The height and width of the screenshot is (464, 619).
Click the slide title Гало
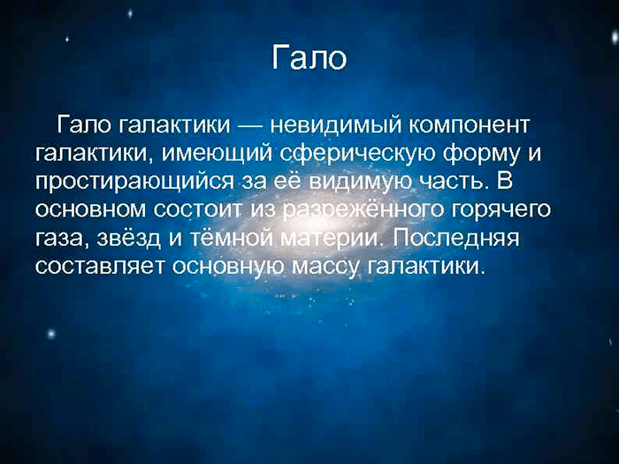click(309, 57)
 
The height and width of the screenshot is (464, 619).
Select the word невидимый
click(335, 126)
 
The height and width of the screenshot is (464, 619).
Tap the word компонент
click(468, 126)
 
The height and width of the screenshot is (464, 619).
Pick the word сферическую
click(358, 155)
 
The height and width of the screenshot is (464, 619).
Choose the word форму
click(481, 155)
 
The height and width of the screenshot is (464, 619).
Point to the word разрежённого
click(364, 210)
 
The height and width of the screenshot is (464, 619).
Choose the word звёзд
click(129, 238)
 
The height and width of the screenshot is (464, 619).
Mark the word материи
click(334, 238)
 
